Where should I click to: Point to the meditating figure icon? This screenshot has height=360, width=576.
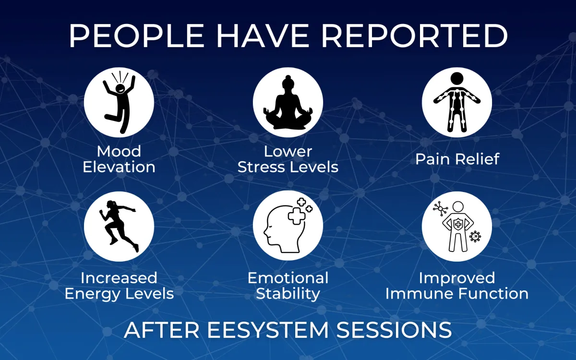[x=288, y=102]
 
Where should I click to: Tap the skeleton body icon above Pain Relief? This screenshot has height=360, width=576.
[x=456, y=102]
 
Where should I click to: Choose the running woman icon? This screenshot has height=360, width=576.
[x=119, y=225]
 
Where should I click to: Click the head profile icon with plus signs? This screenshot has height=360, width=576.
[x=288, y=225]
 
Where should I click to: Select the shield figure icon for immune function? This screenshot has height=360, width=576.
[x=456, y=225]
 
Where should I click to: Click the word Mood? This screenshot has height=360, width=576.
[x=119, y=152]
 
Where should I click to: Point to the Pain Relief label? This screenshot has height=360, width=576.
[x=457, y=159]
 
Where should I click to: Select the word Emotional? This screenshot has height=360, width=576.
[x=288, y=278]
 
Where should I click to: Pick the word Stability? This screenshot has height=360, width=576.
[x=288, y=294]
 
